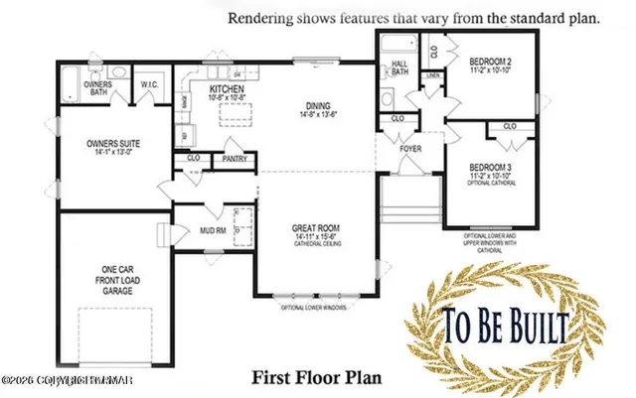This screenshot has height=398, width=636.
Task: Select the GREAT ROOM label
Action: pos(317,228)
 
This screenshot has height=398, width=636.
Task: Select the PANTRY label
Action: pos(235,157)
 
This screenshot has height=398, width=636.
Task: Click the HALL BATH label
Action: pos(400,67)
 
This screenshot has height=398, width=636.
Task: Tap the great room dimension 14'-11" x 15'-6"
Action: pos(317,237)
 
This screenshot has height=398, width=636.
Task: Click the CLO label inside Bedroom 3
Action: pos(510,127)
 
